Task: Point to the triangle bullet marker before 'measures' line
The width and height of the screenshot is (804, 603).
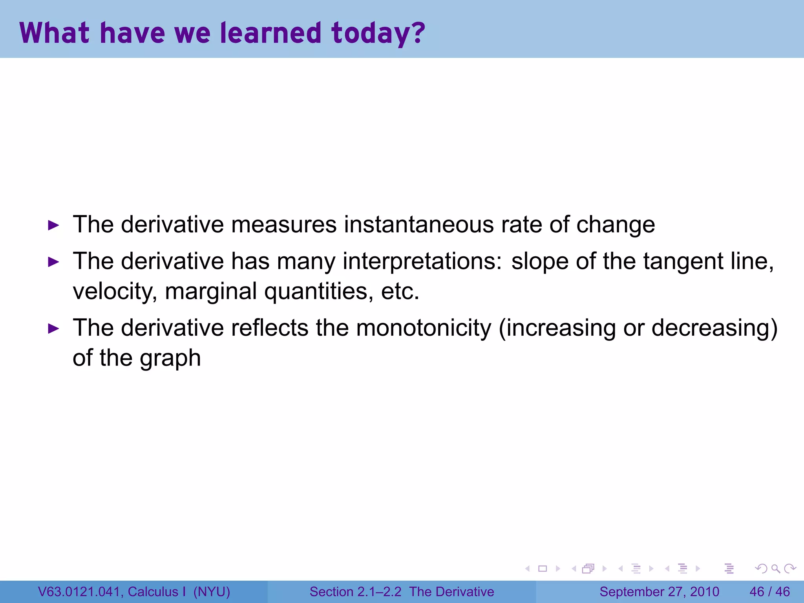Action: pyautogui.click(x=53, y=225)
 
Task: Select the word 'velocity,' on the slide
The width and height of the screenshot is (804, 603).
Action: pyautogui.click(x=115, y=291)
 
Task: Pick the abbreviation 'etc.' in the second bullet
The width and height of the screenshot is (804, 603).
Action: pyautogui.click(x=400, y=291)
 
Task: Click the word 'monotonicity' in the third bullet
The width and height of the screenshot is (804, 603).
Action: pyautogui.click(x=423, y=328)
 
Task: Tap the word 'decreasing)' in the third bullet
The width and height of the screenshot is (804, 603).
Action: pyautogui.click(x=714, y=328)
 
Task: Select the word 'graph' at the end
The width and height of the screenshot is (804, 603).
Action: pyautogui.click(x=170, y=358)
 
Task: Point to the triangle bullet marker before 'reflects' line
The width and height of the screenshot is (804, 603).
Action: pyautogui.click(x=53, y=329)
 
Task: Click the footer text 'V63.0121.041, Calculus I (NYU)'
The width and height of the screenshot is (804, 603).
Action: pyautogui.click(x=134, y=592)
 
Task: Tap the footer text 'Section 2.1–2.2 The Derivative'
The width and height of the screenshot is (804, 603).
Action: pyautogui.click(x=402, y=592)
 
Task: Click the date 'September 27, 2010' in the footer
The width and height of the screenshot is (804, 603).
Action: pyautogui.click(x=659, y=592)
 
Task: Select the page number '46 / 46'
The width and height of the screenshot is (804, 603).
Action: pyautogui.click(x=769, y=592)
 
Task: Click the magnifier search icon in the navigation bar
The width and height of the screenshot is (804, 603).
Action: pyautogui.click(x=775, y=568)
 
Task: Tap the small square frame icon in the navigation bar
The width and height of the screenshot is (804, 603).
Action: pyautogui.click(x=543, y=568)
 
